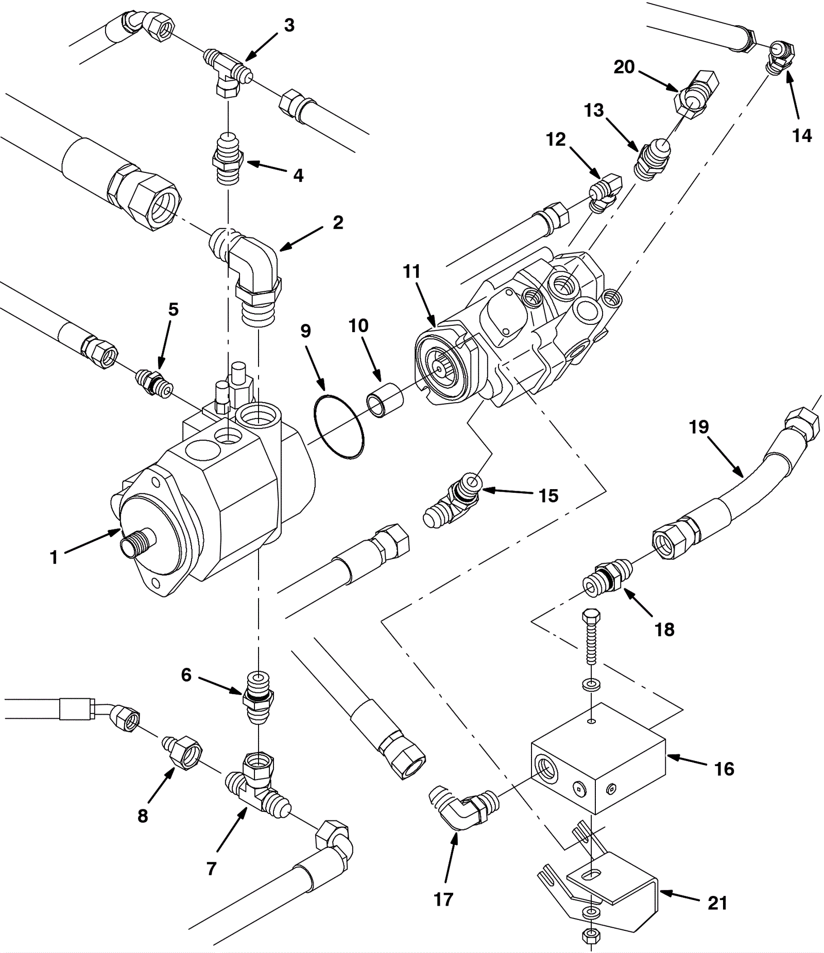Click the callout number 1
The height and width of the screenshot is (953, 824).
pyautogui.click(x=54, y=558)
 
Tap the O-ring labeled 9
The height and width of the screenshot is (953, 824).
pyautogui.click(x=338, y=427)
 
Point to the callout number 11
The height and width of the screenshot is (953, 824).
pyautogui.click(x=411, y=271)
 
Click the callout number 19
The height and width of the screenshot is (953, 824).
pyautogui.click(x=699, y=427)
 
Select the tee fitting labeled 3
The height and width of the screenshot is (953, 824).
pyautogui.click(x=228, y=75)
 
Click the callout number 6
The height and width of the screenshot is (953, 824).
pyautogui.click(x=186, y=675)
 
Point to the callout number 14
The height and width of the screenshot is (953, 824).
pyautogui.click(x=802, y=135)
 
